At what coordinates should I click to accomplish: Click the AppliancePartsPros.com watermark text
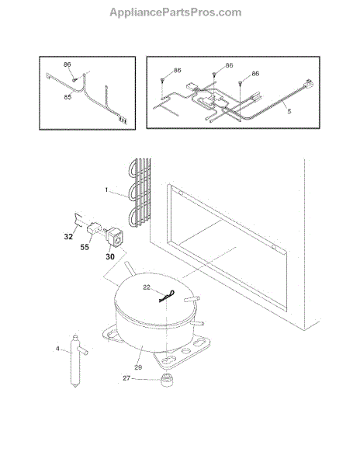click(x=175, y=12)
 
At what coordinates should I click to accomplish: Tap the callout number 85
click(x=67, y=97)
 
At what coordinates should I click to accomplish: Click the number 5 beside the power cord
click(x=289, y=111)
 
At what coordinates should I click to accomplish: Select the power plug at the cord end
click(x=308, y=83)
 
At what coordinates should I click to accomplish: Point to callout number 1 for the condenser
click(x=106, y=190)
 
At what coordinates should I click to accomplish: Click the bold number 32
click(x=68, y=237)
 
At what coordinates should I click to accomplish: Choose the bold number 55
click(x=85, y=247)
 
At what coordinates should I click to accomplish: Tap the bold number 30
click(x=110, y=256)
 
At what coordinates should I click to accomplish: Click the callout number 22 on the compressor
click(x=147, y=287)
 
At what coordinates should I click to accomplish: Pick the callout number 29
click(x=138, y=367)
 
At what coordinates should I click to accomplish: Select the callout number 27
click(x=126, y=378)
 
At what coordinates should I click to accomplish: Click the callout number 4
click(x=57, y=349)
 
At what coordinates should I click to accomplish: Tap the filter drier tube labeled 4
click(x=76, y=360)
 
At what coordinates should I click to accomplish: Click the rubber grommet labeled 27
click(x=167, y=380)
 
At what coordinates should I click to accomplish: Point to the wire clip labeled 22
click(x=167, y=297)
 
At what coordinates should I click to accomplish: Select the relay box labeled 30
click(x=114, y=237)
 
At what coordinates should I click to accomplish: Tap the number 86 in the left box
click(x=67, y=64)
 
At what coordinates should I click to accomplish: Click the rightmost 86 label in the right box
click(x=255, y=74)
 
